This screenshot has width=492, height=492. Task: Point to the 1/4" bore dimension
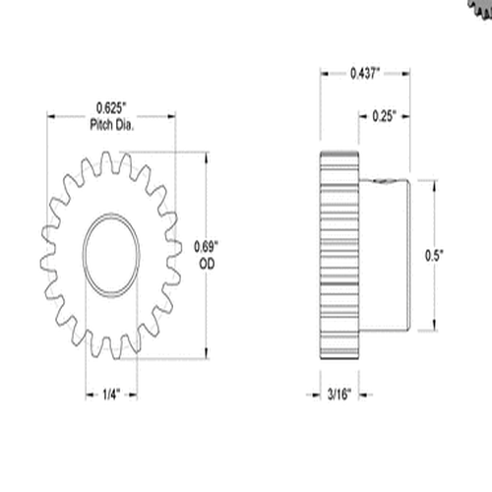tap(112, 396)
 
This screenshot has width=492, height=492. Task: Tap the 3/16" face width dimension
tap(341, 396)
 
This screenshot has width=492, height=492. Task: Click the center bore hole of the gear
tap(111, 255)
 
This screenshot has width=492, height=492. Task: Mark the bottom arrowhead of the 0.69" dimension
tap(207, 356)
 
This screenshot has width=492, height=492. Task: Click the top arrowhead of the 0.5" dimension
tap(434, 183)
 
